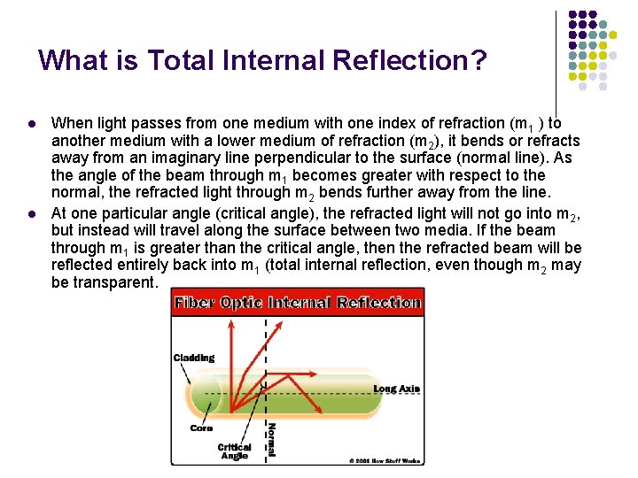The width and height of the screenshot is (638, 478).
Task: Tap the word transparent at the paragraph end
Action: click(114, 282)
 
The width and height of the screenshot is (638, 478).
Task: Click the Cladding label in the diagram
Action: click(194, 358)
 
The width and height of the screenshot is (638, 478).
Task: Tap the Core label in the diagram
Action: click(201, 428)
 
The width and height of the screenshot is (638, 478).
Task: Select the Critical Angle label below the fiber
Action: click(234, 451)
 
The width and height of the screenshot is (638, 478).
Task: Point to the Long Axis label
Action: click(396, 389)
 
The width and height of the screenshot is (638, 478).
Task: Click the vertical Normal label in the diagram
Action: click(272, 439)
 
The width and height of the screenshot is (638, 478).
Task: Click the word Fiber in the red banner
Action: click(193, 303)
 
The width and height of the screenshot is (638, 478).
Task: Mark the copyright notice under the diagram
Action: click(385, 460)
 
